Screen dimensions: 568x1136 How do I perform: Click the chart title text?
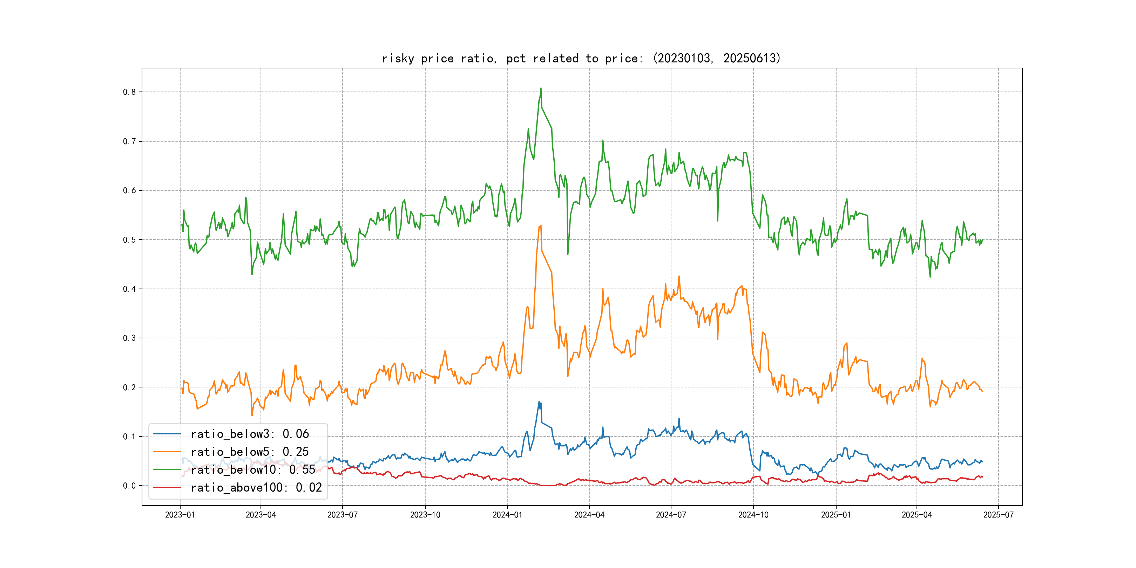(x=581, y=58)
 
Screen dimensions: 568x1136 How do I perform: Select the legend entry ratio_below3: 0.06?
(x=250, y=434)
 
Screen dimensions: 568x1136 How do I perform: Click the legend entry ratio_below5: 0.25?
(x=250, y=452)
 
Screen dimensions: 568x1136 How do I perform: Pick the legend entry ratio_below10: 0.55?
(x=253, y=470)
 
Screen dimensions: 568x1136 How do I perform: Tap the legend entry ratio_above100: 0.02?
(x=256, y=487)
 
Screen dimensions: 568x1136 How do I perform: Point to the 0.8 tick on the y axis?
(x=129, y=92)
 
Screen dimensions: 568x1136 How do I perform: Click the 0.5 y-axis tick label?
(x=129, y=239)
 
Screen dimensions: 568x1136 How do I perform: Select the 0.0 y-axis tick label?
(x=129, y=486)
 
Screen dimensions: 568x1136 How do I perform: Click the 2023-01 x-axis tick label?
(x=180, y=515)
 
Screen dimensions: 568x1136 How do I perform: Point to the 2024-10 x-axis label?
(x=753, y=515)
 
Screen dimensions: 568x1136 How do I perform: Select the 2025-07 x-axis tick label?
(x=999, y=515)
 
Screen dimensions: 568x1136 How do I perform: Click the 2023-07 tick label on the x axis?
(x=342, y=515)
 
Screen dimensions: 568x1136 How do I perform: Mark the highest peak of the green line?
(x=541, y=88)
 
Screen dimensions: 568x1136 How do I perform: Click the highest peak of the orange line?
(x=541, y=226)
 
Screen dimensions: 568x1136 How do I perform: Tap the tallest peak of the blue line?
(x=539, y=402)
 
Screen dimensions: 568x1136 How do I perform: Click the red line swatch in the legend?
(x=167, y=487)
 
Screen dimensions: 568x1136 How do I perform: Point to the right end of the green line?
(x=982, y=239)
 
